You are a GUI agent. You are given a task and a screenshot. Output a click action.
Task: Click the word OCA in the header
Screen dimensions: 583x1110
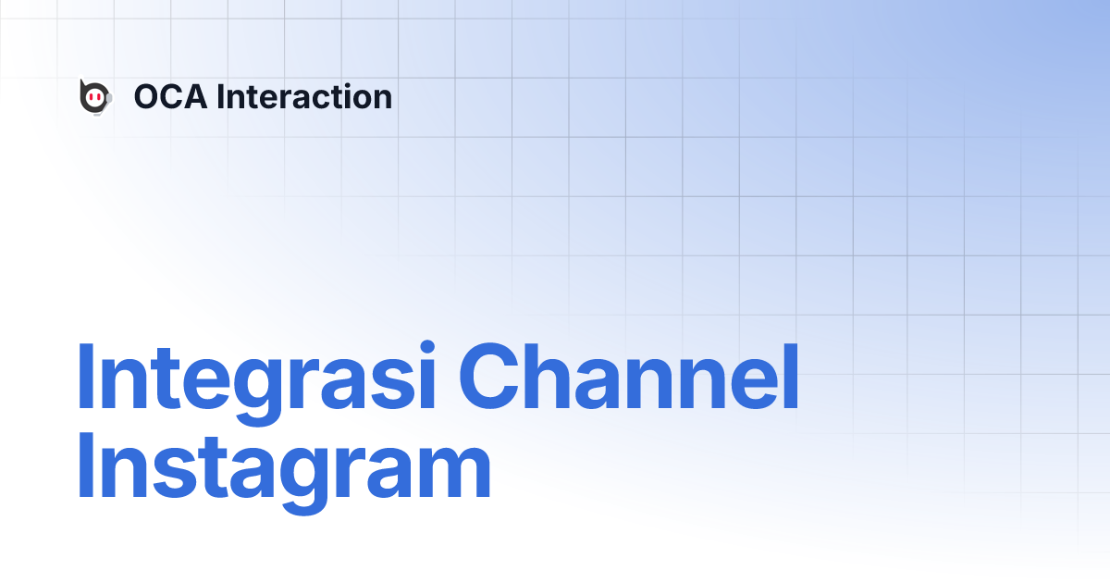point(170,97)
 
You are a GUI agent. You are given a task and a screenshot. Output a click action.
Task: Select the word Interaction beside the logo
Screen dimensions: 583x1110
point(304,97)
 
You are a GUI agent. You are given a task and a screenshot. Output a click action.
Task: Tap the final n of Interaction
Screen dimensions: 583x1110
point(381,100)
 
